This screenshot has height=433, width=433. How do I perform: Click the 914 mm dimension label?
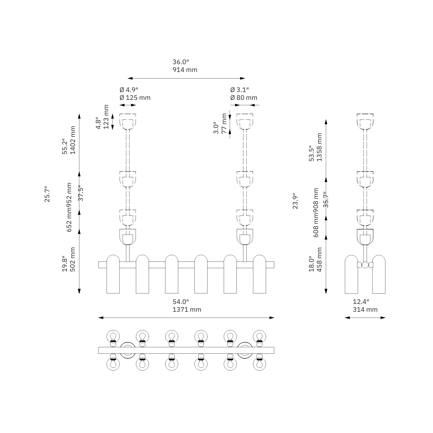tap(185, 70)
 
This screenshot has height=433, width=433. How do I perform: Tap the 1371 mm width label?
tap(187, 310)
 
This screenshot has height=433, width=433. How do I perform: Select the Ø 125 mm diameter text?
tap(135, 98)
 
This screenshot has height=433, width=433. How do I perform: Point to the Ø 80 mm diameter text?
tap(244, 98)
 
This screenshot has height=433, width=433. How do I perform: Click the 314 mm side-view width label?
tap(365, 310)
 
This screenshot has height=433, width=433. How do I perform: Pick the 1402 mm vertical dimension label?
tap(73, 140)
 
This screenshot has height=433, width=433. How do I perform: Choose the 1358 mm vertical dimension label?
tap(320, 147)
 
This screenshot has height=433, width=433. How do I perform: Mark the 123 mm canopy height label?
tap(106, 117)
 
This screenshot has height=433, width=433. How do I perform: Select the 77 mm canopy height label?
tap(224, 123)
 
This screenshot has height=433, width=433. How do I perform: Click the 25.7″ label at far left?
tap(47, 194)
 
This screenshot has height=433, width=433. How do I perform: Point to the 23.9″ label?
tap(295, 201)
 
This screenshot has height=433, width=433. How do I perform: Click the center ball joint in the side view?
tap(365, 265)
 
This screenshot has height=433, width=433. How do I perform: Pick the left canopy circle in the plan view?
tap(127, 350)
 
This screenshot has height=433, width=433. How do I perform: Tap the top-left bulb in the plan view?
tap(113, 336)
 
